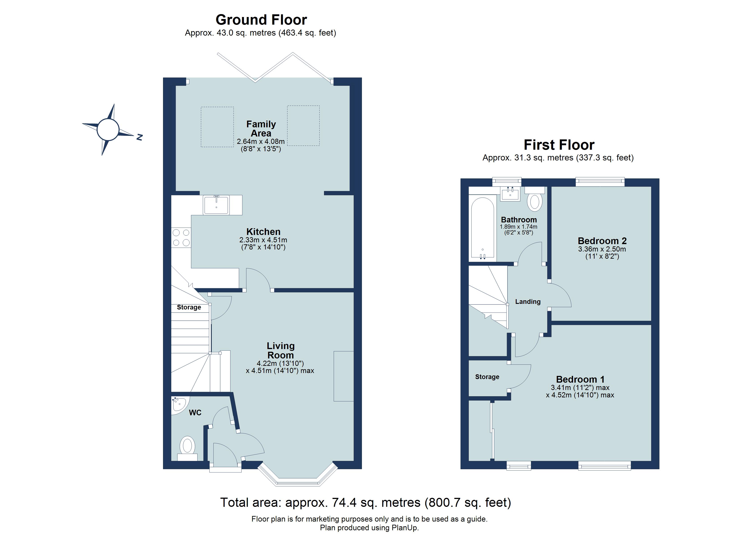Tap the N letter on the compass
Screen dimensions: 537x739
140,137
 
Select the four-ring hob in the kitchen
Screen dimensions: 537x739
181,237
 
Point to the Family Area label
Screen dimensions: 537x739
261,129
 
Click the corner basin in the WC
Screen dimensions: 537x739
178,405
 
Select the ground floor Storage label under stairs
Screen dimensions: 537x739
189,307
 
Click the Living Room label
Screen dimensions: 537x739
281,350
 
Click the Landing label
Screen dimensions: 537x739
528,302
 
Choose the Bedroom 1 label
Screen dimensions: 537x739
580,379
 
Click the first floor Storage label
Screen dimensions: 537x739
487,377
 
